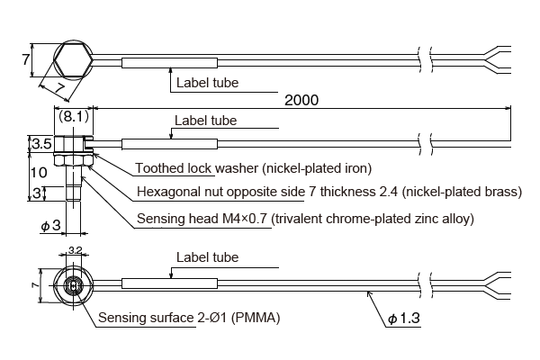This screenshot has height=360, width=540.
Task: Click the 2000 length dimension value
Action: [301, 100]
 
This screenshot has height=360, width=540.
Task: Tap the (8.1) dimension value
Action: [73, 116]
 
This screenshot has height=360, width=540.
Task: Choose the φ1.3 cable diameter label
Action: [404, 319]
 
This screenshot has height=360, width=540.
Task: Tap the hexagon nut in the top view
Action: [71, 60]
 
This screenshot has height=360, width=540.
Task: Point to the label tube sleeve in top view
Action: [168, 64]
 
